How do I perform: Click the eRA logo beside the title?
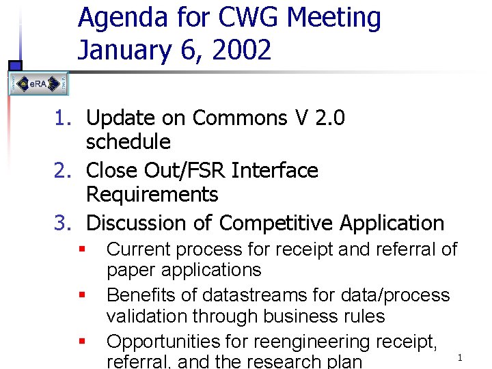tap(39, 84)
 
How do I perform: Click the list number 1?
tap(61, 118)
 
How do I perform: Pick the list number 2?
tap(61, 170)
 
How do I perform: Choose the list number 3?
tap(61, 223)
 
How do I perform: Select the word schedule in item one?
tap(128, 142)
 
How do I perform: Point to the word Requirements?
tap(152, 195)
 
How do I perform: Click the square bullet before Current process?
tap(81, 249)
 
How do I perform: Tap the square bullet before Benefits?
tap(81, 295)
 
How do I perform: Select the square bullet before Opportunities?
tap(81, 340)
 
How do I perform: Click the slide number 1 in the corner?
tap(460, 357)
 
